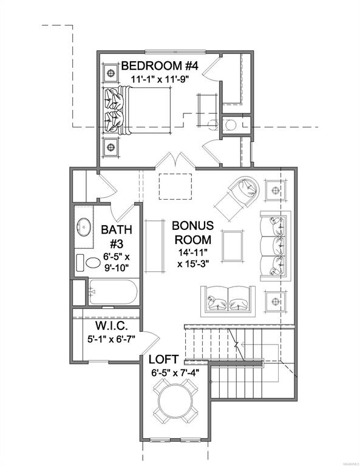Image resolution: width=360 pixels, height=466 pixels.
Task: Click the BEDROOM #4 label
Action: pos(160,66)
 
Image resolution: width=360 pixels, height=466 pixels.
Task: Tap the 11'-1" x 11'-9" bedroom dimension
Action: pos(160,79)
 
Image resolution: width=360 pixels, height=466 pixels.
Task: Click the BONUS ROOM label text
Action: pos(192,232)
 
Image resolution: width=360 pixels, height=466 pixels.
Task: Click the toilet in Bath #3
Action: pos(89,263)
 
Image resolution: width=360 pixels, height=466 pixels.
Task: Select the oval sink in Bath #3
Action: pos(84,227)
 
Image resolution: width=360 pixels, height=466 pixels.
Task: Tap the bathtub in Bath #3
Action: pos(113,292)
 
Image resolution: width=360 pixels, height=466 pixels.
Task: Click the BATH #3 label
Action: pos(116,237)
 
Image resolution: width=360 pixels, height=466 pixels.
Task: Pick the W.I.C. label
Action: pos(112,326)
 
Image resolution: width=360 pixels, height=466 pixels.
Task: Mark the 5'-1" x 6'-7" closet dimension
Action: pos(111,339)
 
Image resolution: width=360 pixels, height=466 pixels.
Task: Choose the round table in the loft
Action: pos(175,401)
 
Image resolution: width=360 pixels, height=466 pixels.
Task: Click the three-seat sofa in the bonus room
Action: pos(275,246)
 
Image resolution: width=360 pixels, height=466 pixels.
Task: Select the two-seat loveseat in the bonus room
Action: pos(228,300)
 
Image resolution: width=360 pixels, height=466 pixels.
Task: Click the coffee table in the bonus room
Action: pos(232,246)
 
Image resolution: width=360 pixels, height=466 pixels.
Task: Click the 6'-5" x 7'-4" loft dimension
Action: pos(175,373)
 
